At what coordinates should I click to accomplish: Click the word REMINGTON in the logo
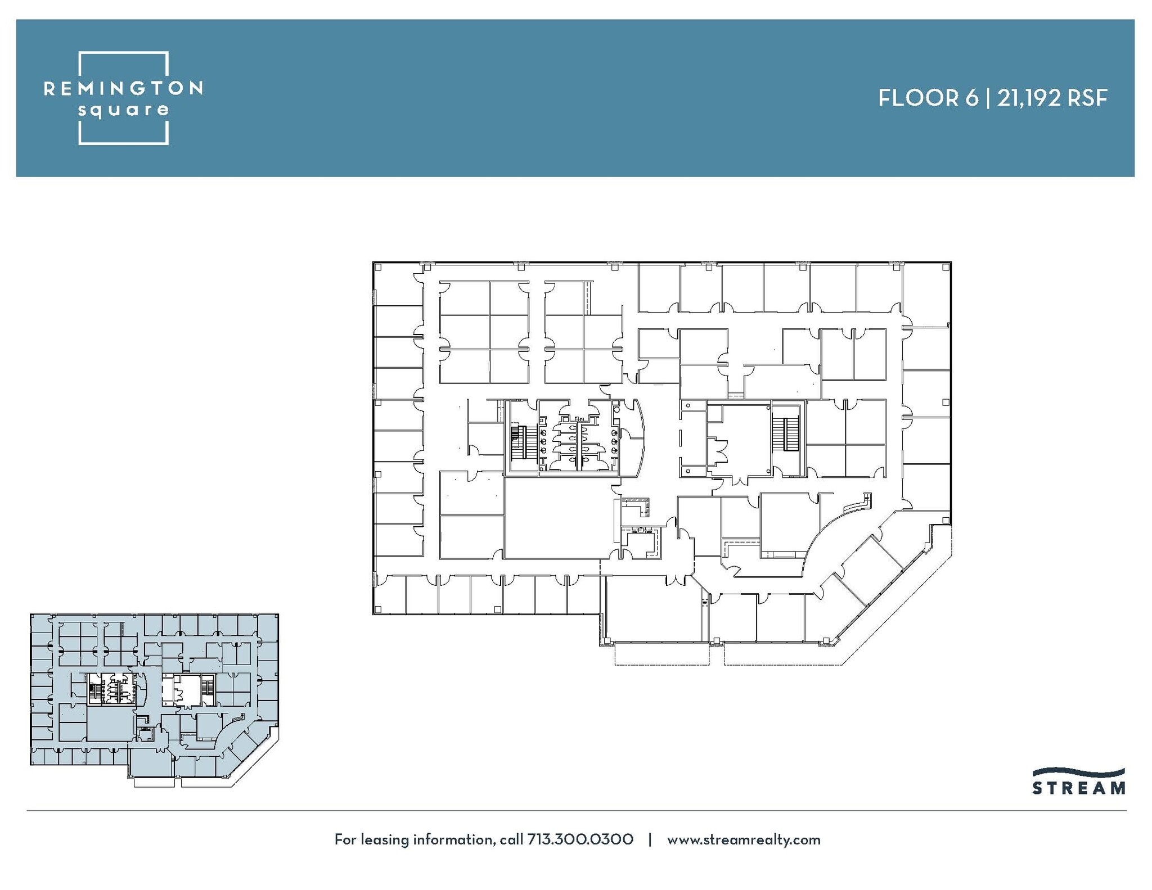coord(123,88)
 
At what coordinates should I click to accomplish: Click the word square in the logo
coord(123,110)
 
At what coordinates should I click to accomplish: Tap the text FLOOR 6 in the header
coord(928,98)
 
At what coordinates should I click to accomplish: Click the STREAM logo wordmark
coord(1079,788)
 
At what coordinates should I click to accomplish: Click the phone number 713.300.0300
coord(580,839)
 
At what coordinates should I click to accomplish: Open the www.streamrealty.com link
coord(744,839)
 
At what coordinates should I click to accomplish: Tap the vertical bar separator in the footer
coord(650,839)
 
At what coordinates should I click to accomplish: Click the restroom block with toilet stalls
coord(578,438)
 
